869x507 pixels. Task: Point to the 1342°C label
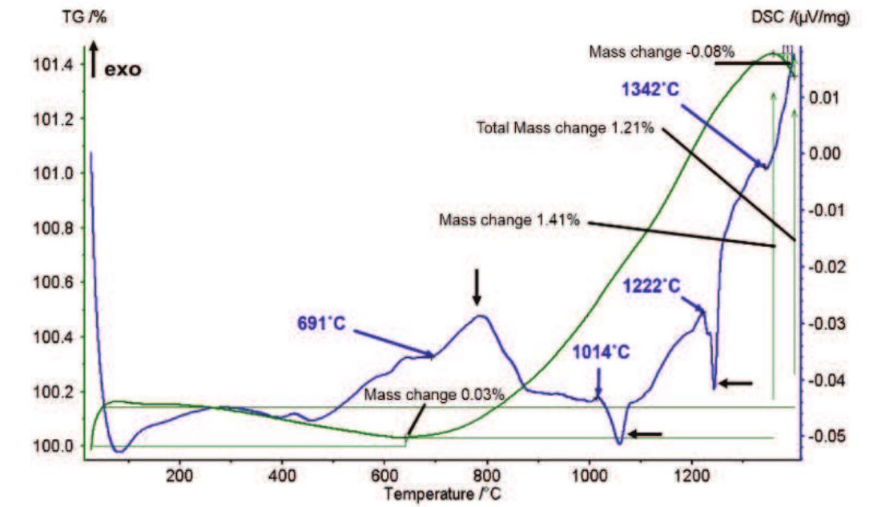(650, 89)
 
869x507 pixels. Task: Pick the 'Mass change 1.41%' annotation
(509, 219)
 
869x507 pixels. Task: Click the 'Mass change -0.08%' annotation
(650, 51)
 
